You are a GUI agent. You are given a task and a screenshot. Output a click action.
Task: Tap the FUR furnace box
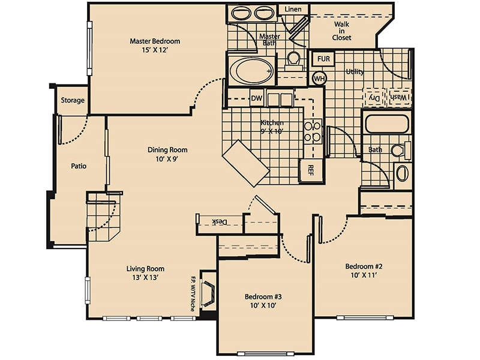(323, 59)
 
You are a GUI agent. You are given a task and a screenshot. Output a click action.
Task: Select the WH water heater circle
(319, 78)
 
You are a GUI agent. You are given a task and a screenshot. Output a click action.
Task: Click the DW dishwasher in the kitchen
(256, 98)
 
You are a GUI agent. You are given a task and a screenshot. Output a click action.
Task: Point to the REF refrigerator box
(311, 170)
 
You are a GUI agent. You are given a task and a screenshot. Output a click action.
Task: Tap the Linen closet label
(293, 9)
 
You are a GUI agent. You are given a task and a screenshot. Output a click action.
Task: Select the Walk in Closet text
(342, 31)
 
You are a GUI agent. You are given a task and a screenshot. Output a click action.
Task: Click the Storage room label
(72, 100)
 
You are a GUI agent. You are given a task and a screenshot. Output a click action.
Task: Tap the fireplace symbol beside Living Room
(209, 294)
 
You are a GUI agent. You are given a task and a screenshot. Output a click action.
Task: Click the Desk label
(220, 222)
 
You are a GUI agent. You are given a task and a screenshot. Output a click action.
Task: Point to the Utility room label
(355, 72)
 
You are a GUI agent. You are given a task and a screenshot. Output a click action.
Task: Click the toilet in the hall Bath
(398, 150)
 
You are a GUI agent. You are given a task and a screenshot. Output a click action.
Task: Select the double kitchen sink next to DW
(280, 99)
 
